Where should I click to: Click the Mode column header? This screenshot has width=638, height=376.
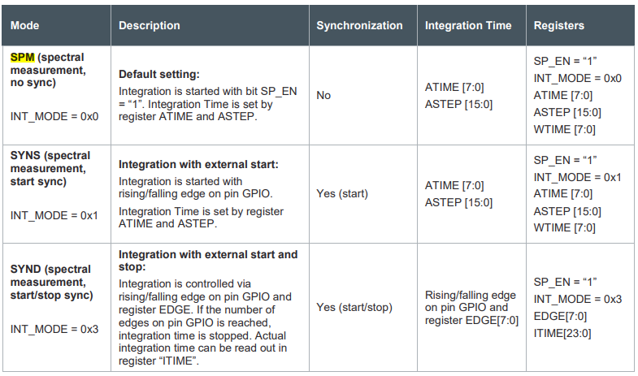(25, 25)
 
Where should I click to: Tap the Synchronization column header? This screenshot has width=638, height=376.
(359, 25)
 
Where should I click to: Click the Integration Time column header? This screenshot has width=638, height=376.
(468, 25)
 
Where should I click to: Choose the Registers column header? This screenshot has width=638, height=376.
(558, 25)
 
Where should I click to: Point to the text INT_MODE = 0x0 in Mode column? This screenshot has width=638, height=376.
(54, 116)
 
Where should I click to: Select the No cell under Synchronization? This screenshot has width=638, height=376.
(323, 95)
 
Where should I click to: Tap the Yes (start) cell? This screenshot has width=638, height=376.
(342, 193)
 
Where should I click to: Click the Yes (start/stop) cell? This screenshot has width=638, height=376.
(354, 307)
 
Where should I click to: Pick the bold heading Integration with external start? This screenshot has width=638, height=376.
(198, 164)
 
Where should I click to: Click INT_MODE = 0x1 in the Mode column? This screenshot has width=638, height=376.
(54, 215)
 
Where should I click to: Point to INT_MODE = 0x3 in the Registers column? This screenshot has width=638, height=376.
(577, 299)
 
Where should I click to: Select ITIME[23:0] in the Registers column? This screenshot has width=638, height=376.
(563, 333)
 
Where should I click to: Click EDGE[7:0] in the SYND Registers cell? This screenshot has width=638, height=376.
(559, 316)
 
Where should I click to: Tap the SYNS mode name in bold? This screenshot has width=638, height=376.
(27, 155)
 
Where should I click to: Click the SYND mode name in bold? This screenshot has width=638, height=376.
(28, 269)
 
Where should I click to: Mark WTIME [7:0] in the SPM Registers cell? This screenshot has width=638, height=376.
(565, 128)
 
